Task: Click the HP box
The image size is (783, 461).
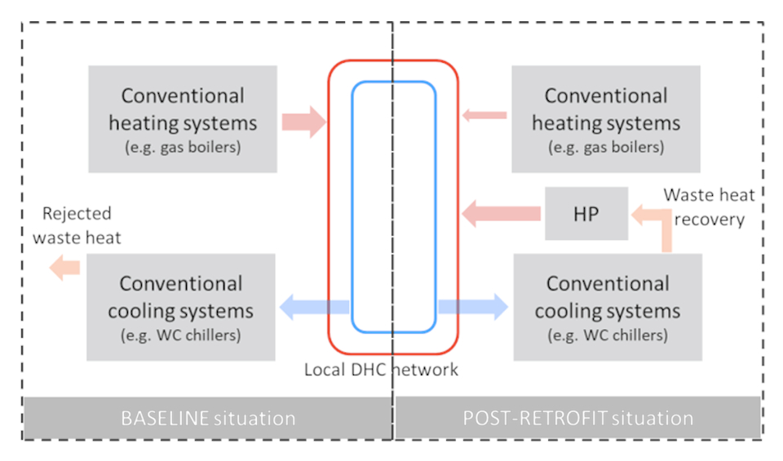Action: [586, 214]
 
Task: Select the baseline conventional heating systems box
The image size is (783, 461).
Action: [183, 119]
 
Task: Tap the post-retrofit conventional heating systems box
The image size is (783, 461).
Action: [605, 119]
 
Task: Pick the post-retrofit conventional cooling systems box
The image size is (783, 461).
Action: [607, 307]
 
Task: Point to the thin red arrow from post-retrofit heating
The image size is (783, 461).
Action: [484, 115]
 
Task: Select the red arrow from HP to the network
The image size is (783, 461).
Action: [501, 215]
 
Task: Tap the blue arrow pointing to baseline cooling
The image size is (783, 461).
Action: [314, 308]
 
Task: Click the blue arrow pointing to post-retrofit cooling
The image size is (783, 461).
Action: [473, 307]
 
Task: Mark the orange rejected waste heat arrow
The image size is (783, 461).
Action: [64, 267]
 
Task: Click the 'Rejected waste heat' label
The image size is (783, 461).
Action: [82, 225]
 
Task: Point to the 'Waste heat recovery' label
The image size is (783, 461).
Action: [708, 207]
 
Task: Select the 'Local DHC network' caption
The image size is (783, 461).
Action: [381, 370]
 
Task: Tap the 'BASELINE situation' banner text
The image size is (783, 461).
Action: [208, 419]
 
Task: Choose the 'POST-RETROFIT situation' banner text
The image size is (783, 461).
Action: [577, 419]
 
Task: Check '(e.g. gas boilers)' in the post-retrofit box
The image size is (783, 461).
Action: [605, 148]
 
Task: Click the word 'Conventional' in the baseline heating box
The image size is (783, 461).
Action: [183, 95]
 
